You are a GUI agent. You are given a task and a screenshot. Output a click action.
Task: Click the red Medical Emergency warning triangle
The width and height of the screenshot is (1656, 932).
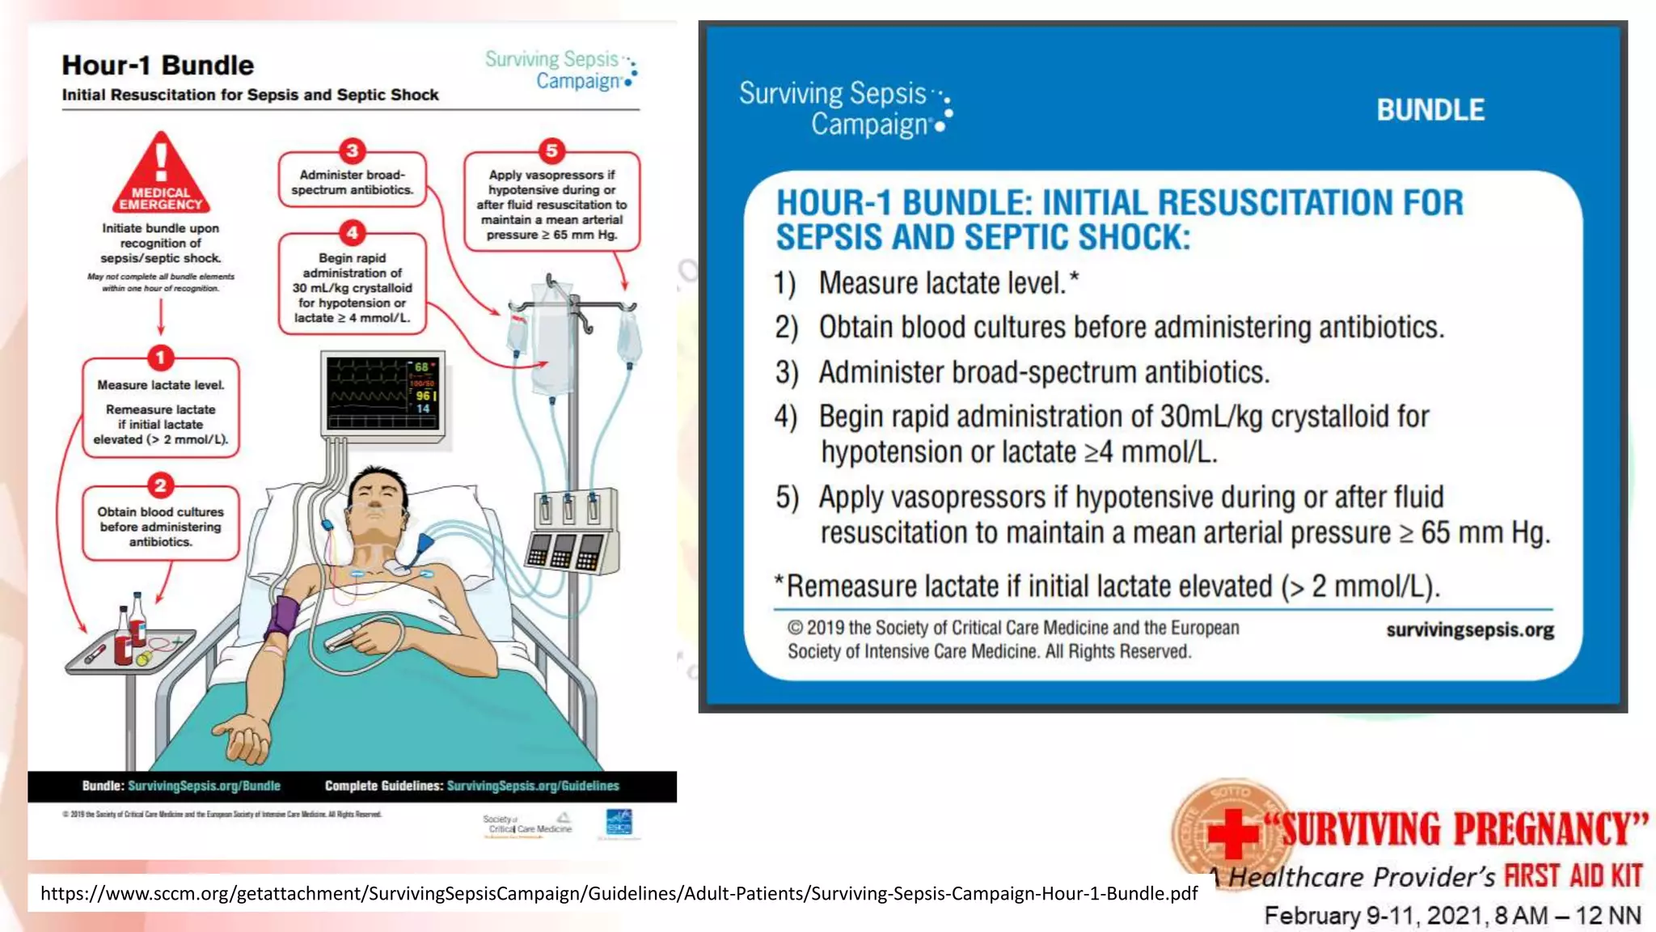click(x=161, y=175)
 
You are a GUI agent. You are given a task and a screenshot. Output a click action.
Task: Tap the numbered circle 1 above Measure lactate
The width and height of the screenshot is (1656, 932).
click(x=160, y=358)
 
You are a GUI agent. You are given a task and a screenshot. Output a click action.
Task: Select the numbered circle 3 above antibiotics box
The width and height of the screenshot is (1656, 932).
click(x=352, y=150)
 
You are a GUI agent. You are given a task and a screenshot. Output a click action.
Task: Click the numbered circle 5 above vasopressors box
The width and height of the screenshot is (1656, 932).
click(x=551, y=150)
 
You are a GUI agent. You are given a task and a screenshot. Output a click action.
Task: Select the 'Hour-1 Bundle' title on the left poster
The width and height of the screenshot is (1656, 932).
click(x=158, y=66)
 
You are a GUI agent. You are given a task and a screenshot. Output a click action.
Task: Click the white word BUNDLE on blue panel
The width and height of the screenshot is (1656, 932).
click(x=1430, y=110)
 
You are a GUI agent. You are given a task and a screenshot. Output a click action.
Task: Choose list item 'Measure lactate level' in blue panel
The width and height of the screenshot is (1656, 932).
click(x=942, y=283)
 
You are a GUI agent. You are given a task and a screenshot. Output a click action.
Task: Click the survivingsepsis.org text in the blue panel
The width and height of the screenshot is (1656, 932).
click(x=1469, y=630)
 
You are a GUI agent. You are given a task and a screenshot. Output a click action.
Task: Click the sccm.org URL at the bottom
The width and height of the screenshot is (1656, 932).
click(x=619, y=894)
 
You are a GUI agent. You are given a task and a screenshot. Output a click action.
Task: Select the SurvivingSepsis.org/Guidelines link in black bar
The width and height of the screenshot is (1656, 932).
click(x=533, y=786)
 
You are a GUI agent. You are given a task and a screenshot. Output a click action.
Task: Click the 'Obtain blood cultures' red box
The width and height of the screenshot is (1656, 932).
click(x=161, y=524)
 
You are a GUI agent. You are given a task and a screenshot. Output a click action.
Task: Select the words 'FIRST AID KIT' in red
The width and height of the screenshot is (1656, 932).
click(x=1573, y=875)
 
